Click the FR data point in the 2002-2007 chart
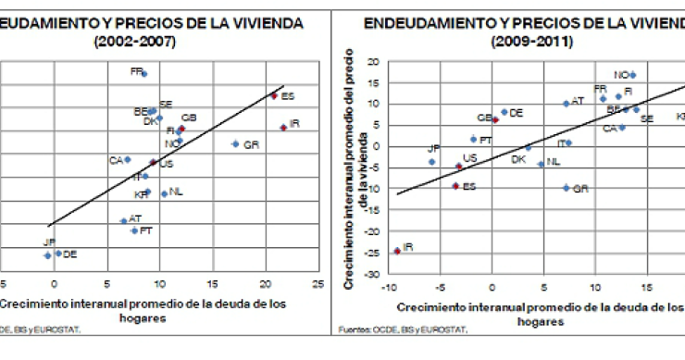143,73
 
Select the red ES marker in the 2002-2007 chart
274,95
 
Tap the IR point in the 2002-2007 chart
282,128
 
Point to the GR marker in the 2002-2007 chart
235,144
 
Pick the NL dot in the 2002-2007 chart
164,193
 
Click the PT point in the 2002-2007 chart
134,230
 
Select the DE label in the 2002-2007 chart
69,254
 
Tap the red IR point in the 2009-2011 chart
397,251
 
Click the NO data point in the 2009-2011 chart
632,75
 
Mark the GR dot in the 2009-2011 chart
566,188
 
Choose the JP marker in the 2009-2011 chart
431,162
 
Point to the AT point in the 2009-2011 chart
566,104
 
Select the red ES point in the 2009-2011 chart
455,186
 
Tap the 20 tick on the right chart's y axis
374,62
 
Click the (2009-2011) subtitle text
532,42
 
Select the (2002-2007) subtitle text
133,42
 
